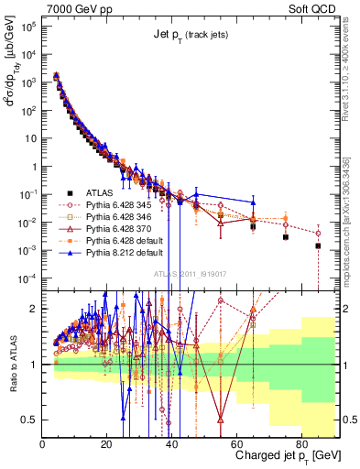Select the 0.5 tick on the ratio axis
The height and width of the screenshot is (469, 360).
point(31,420)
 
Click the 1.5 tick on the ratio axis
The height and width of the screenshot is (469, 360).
point(31,336)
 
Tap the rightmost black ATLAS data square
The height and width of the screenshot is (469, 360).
point(318,245)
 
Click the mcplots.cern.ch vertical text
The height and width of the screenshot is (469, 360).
point(353,229)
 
